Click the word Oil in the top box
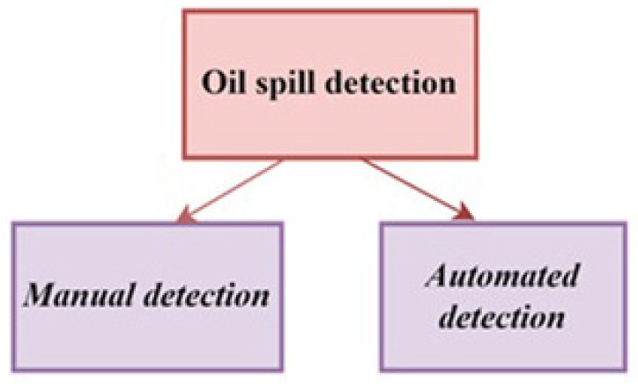pos(223,82)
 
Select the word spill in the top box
pos(286,85)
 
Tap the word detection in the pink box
pos(391,82)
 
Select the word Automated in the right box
pos(501,276)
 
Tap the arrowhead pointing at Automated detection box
pos(464,212)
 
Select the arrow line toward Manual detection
pos(231,189)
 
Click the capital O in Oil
pos(212,83)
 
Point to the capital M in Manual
pos(41,294)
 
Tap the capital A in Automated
pos(437,276)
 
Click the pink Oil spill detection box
pos(330,85)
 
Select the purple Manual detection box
pos(147,297)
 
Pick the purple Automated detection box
pos(503,296)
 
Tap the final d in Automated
pos(569,276)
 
